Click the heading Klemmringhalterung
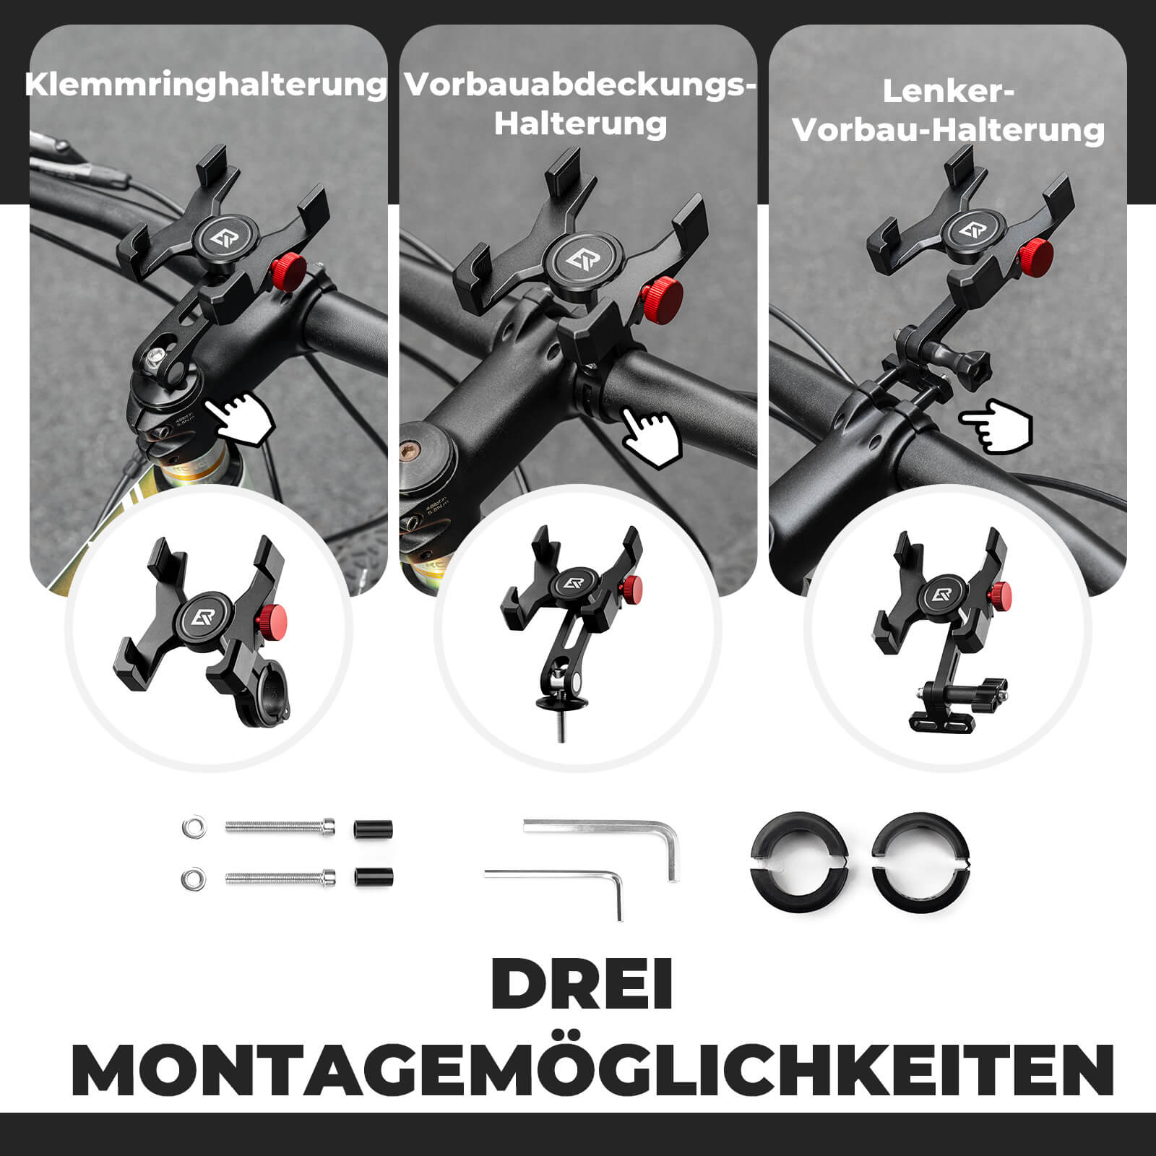click(206, 85)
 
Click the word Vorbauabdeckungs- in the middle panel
click(580, 85)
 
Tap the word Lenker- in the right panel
click(949, 92)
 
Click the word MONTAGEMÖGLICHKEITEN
click(592, 1070)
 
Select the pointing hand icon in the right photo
click(997, 426)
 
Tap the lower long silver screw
click(280, 878)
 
